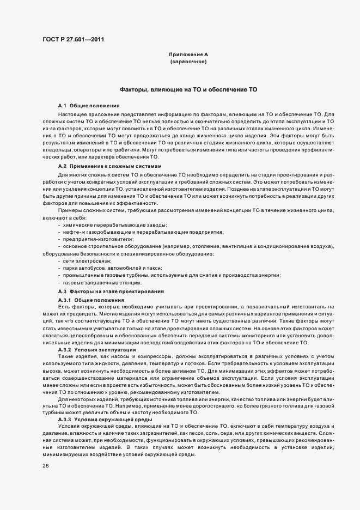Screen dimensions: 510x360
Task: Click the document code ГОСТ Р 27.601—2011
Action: click(x=73, y=39)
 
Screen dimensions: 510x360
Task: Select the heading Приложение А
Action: click(x=188, y=54)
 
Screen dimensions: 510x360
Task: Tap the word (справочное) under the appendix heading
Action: click(x=188, y=62)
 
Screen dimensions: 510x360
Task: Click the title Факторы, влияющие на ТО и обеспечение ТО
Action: click(x=188, y=89)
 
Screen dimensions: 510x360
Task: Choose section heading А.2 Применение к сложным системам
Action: click(x=109, y=166)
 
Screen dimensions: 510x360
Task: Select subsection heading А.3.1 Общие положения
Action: click(x=91, y=300)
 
